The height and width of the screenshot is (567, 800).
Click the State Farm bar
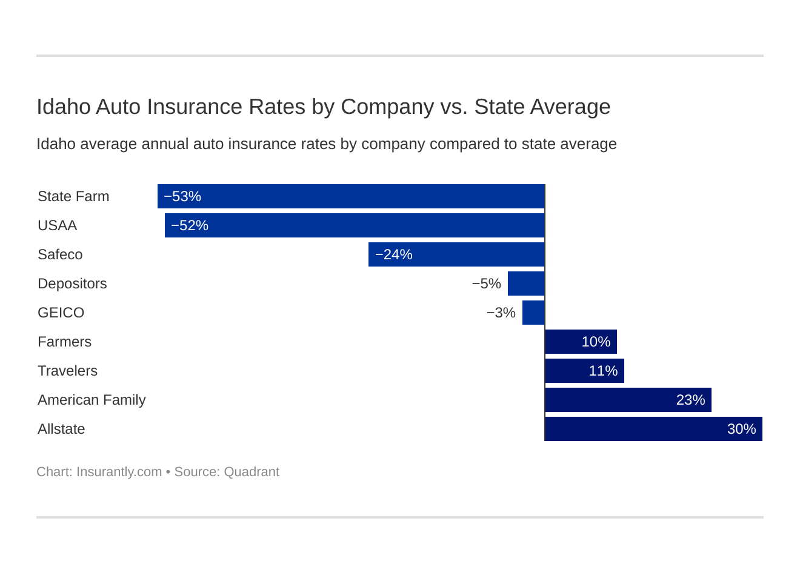(352, 196)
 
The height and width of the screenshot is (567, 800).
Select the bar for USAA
(355, 225)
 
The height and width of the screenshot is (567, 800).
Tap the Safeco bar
(457, 254)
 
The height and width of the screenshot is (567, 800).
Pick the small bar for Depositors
(526, 283)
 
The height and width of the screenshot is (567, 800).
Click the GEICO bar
(533, 313)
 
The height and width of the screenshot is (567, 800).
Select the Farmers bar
(581, 342)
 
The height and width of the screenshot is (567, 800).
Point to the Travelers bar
(584, 371)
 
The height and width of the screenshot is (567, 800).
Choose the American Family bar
(628, 400)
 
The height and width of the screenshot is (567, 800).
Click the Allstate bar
(653, 429)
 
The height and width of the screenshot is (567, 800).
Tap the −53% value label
(182, 196)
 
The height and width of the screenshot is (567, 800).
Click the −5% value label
(487, 283)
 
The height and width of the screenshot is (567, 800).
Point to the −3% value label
(501, 313)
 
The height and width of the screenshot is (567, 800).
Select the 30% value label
(741, 429)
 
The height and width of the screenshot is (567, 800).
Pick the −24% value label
(394, 254)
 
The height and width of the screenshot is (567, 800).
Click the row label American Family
(92, 400)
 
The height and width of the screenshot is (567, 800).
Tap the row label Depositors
(72, 283)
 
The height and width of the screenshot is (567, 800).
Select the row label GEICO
(61, 313)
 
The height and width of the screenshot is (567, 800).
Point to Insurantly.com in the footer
(119, 472)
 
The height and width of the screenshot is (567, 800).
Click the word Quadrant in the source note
(252, 472)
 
